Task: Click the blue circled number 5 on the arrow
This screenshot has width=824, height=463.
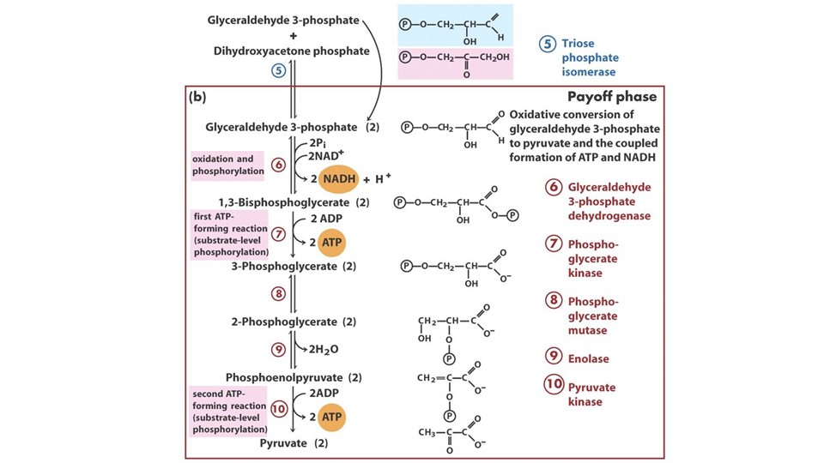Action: click(x=277, y=72)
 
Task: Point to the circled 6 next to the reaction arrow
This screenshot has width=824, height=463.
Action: click(x=277, y=165)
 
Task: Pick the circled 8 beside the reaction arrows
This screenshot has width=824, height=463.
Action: click(x=277, y=294)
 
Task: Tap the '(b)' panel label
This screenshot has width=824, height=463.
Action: click(x=198, y=98)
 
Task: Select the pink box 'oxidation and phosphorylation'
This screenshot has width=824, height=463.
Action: click(x=227, y=165)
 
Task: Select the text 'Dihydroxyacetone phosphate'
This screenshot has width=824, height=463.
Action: click(x=292, y=51)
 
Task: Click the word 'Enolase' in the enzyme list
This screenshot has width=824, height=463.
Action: click(x=588, y=358)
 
